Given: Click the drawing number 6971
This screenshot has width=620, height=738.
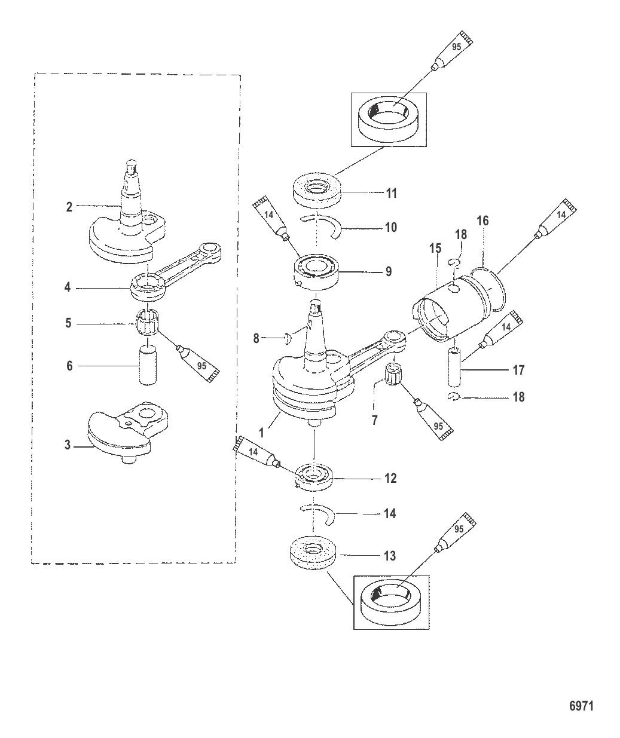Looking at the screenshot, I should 580,705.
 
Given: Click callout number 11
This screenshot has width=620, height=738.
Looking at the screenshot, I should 392,194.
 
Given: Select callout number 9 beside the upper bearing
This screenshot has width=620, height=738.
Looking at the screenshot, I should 389,272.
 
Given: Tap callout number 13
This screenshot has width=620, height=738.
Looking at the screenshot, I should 389,556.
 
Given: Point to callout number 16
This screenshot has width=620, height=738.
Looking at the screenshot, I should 482,221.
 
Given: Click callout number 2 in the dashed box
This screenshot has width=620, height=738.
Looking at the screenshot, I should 69,207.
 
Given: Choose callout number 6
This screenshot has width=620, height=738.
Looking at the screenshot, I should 69,365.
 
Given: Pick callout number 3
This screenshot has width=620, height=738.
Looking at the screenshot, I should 68,445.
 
